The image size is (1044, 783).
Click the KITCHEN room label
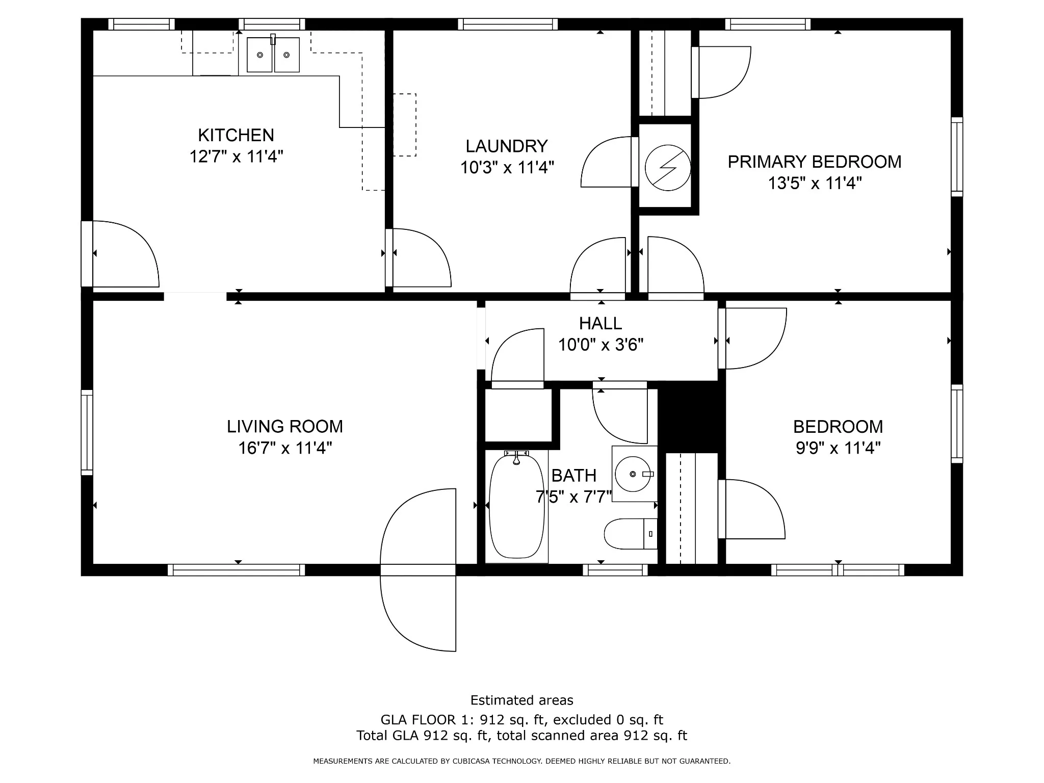236,135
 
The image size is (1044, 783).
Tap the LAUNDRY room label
507,146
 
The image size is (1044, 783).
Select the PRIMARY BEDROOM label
815,162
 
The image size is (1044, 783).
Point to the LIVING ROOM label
285,426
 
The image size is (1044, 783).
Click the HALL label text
601,323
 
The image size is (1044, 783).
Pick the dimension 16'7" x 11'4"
285,448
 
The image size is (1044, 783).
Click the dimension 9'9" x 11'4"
838,448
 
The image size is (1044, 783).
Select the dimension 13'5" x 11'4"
815,183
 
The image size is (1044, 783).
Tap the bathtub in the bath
516,506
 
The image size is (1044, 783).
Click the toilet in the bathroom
631,534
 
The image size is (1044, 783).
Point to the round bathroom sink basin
633,474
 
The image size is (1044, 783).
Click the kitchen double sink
273,55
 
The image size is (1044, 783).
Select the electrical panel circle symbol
668,168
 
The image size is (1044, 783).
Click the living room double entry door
418,570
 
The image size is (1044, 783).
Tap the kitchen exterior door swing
125,254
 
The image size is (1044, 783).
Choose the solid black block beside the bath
691,417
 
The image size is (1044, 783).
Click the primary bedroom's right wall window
957,157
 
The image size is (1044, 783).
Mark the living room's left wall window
87,433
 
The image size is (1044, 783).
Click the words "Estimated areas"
521,700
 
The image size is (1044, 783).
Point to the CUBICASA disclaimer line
521,761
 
